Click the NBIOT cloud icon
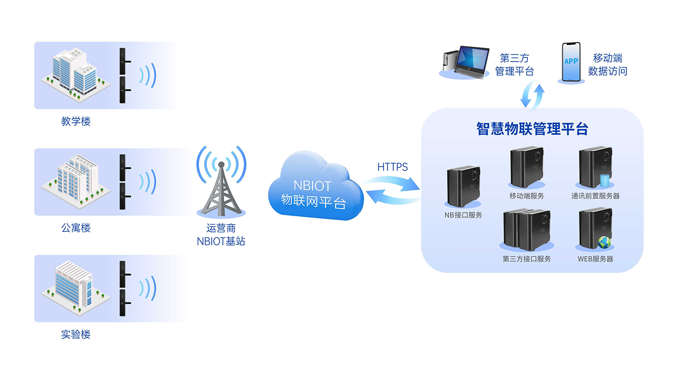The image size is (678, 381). pyautogui.click(x=315, y=187)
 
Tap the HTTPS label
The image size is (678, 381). pyautogui.click(x=392, y=167)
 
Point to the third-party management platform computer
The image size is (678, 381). pyautogui.click(x=466, y=62)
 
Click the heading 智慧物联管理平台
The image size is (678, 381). pyautogui.click(x=532, y=129)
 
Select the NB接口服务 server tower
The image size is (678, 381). pyautogui.click(x=463, y=186)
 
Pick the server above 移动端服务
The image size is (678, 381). pyautogui.click(x=526, y=167)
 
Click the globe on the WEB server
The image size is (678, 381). pyautogui.click(x=604, y=242)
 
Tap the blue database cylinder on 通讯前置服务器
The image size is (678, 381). pyautogui.click(x=604, y=181)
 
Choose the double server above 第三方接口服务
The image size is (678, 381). pyautogui.click(x=526, y=230)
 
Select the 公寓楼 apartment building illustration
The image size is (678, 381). pyautogui.click(x=76, y=180)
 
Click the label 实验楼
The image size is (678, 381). pyautogui.click(x=76, y=334)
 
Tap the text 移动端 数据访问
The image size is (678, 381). pyautogui.click(x=607, y=65)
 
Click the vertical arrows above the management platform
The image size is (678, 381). pyautogui.click(x=532, y=95)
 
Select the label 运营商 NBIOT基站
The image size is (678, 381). pyautogui.click(x=221, y=235)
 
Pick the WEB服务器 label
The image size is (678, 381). pyautogui.click(x=595, y=259)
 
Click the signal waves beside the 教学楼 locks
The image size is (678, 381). pyautogui.click(x=148, y=75)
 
